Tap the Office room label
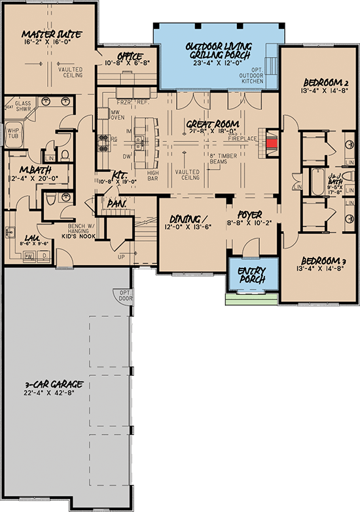[x=130, y=56]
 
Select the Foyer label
[x=250, y=214]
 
